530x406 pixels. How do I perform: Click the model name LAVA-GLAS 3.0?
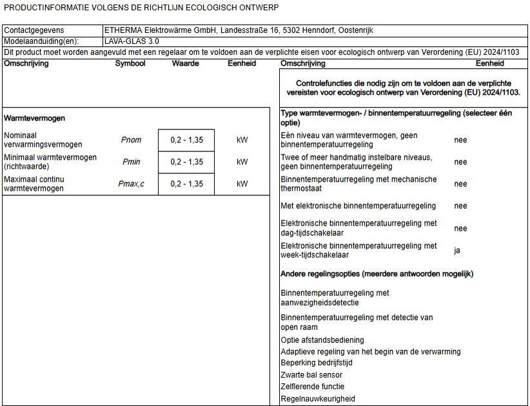[x=132, y=41]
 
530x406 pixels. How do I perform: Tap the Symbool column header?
[x=130, y=63]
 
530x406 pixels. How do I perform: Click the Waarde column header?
[x=185, y=63]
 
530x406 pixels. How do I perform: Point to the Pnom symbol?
[x=131, y=140]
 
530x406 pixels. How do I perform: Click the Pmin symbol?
[x=131, y=162]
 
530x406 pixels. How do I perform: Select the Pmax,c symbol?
[x=131, y=184]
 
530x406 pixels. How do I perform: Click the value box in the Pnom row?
[x=186, y=140]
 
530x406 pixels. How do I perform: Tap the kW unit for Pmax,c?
[x=242, y=184]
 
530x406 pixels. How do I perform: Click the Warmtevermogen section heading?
[x=34, y=119]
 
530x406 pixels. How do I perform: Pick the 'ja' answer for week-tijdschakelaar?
[x=457, y=251]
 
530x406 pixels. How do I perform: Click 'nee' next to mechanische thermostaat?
[x=460, y=184]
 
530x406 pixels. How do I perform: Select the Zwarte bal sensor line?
[x=311, y=374]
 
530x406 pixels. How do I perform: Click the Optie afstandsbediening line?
[x=322, y=340]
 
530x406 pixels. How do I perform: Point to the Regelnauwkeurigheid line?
[x=318, y=399]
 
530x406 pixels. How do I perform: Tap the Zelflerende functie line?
[x=313, y=387]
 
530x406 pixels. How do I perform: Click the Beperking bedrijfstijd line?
[x=317, y=363]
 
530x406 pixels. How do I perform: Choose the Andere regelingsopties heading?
[x=377, y=274]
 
